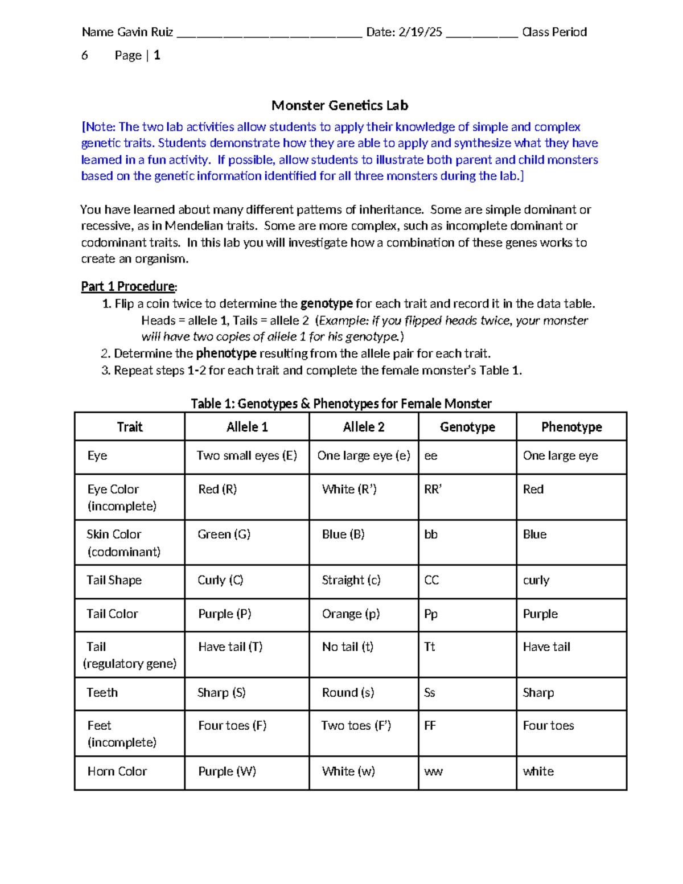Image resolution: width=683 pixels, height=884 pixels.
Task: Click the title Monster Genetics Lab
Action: point(340,105)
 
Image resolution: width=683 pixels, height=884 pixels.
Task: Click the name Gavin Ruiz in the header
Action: point(145,32)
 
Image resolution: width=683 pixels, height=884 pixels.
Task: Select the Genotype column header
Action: point(467,427)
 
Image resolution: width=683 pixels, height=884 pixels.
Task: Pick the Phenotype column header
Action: point(571,427)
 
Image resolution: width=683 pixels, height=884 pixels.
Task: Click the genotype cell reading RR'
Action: point(433,490)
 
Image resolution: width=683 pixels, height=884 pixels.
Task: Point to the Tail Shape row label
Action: point(114,580)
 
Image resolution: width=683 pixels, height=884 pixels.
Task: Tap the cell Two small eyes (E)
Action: point(246,455)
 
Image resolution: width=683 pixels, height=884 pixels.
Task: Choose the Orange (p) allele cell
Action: point(351,614)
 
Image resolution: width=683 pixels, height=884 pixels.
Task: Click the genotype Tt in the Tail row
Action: point(430,647)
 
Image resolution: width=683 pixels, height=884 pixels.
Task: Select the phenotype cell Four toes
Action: point(548,726)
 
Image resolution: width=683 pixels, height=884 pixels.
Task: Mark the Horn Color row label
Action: point(117,771)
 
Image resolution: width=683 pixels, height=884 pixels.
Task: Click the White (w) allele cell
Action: point(348,771)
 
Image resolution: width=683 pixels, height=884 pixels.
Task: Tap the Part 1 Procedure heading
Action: point(129,286)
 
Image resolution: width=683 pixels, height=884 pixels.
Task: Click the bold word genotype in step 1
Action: point(327,303)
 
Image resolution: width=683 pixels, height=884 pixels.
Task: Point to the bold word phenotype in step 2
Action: point(226,353)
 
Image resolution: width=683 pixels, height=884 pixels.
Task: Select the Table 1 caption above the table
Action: point(341,404)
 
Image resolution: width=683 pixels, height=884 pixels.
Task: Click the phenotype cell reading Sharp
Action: point(538,693)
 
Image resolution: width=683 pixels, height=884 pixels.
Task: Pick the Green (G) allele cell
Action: point(224,534)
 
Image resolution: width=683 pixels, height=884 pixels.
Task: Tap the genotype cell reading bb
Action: point(431,534)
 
